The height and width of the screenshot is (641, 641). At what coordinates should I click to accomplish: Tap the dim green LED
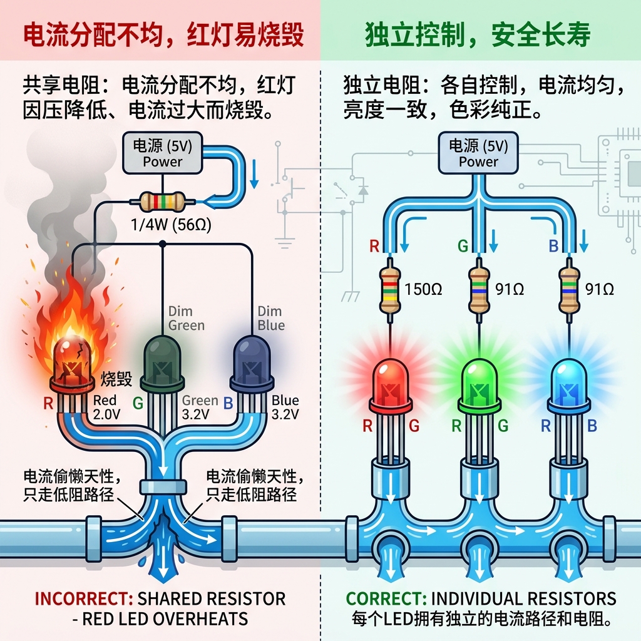point(162,362)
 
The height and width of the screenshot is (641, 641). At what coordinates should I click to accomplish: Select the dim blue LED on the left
point(252,362)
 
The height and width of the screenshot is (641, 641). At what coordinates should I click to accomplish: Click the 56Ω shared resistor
point(162,202)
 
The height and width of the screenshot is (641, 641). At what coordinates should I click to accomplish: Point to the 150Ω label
point(423,289)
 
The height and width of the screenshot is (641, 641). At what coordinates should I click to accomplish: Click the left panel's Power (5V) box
point(162,153)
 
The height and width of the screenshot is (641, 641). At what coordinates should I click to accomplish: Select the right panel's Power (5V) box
point(478,153)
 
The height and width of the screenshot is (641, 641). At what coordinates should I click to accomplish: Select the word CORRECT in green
point(383,598)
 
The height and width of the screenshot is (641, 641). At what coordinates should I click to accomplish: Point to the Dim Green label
point(186,318)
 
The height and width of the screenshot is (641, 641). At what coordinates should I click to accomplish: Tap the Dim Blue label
point(270,318)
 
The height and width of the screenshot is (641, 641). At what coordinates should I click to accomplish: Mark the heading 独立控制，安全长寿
point(477,35)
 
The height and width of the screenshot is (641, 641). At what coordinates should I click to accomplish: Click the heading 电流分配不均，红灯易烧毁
point(163,35)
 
